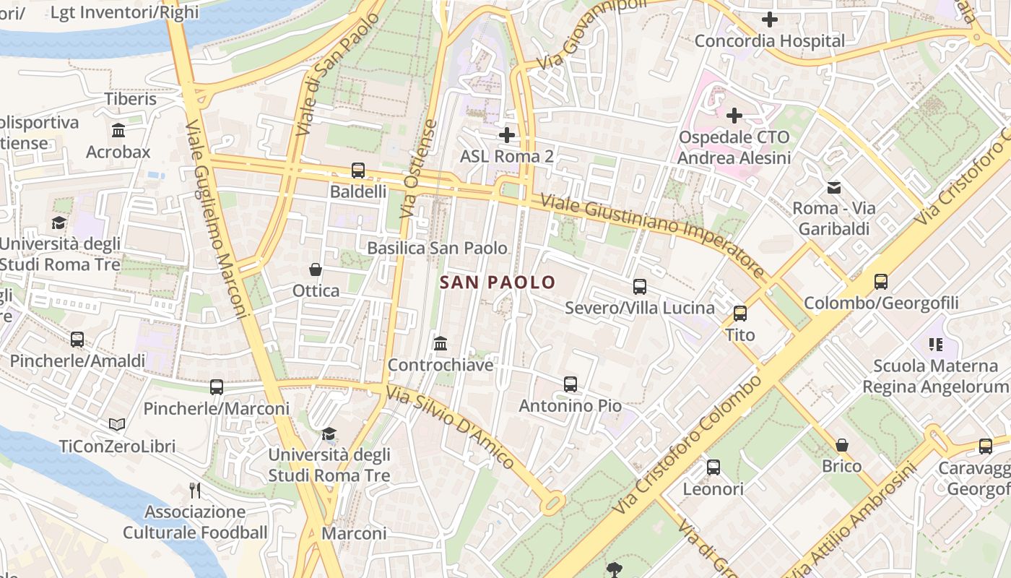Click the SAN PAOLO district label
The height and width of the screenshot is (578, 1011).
(498, 282)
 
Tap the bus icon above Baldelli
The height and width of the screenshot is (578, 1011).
(358, 171)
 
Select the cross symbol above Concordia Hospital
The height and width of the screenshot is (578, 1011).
(770, 20)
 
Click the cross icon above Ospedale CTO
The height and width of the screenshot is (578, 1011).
(734, 116)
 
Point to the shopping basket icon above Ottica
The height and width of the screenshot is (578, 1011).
(316, 269)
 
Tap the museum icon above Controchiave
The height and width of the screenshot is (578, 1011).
(441, 344)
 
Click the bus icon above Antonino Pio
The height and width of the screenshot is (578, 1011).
(570, 384)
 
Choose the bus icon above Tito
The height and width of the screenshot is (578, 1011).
(740, 314)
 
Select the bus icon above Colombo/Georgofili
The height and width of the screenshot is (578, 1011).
(881, 282)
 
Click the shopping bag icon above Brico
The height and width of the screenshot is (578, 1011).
(842, 445)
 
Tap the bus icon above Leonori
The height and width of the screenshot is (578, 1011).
(713, 467)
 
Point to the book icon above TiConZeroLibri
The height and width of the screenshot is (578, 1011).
(117, 425)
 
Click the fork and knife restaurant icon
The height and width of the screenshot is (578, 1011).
(194, 491)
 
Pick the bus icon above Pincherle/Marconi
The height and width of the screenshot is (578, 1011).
(217, 387)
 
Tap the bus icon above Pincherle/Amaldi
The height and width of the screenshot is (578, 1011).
(77, 339)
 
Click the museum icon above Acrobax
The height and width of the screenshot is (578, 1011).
(118, 131)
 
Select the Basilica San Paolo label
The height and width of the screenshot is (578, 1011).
(437, 248)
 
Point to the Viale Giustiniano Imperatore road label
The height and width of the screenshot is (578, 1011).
(652, 236)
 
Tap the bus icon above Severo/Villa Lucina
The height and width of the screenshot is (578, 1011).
(640, 287)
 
